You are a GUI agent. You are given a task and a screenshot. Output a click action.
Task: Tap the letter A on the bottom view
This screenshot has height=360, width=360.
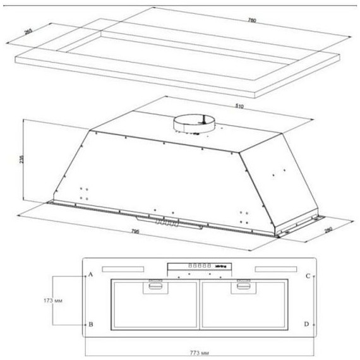click(x=90, y=275)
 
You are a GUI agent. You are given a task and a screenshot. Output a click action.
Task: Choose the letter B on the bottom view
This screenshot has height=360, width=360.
click(x=91, y=324)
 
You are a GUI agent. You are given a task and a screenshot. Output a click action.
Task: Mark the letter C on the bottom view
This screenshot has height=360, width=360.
click(x=307, y=276)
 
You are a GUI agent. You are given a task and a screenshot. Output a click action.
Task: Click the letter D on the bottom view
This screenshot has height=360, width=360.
click(x=306, y=324)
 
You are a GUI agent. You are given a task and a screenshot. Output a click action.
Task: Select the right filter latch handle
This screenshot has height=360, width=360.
click(x=242, y=287)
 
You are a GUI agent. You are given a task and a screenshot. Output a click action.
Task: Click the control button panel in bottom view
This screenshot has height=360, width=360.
click(x=198, y=268)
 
